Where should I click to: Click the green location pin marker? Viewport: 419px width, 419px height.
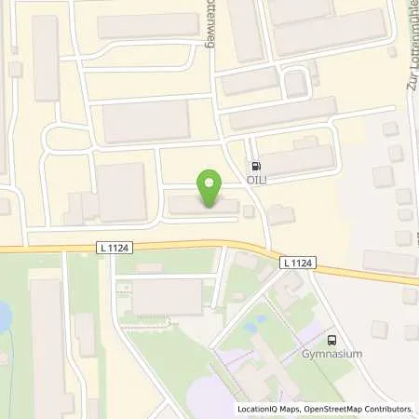coord(210,185)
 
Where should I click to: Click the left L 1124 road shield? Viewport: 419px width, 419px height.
coord(114,247)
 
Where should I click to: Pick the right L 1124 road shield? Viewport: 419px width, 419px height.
coord(295,264)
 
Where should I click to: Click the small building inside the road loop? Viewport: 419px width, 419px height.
coord(295,85)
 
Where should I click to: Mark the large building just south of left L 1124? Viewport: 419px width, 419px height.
coord(168,296)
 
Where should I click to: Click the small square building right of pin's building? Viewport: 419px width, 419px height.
coord(248,211)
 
